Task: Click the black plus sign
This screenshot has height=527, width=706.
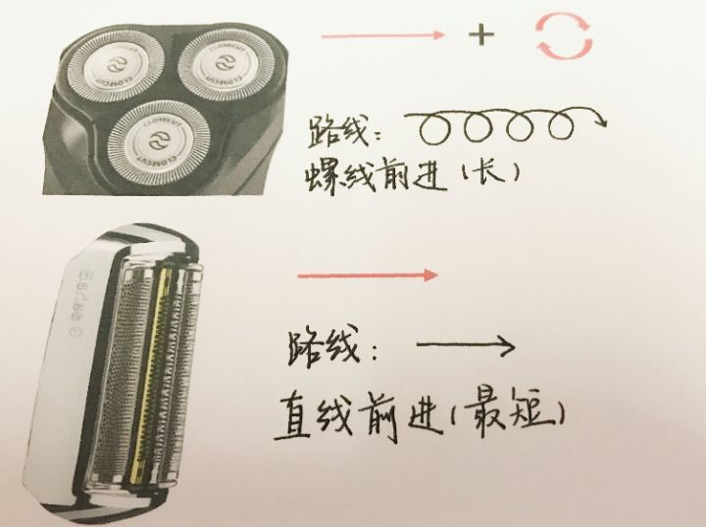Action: coord(480,37)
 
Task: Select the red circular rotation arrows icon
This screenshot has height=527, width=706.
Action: coord(562,37)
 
